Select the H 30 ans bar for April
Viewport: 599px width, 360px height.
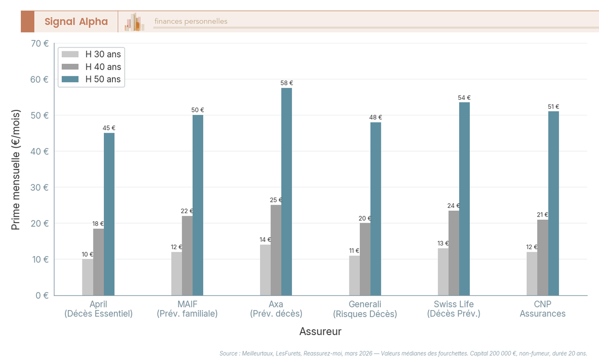pyautogui.click(x=87, y=277)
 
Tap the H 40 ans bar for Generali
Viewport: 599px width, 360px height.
pyautogui.click(x=365, y=259)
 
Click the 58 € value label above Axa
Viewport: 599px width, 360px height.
pyautogui.click(x=287, y=83)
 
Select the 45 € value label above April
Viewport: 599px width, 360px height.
pyautogui.click(x=109, y=128)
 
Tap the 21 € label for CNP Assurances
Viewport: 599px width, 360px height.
pyautogui.click(x=542, y=215)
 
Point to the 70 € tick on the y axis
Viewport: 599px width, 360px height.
pyautogui.click(x=39, y=43)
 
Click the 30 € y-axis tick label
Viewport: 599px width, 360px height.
pyautogui.click(x=39, y=187)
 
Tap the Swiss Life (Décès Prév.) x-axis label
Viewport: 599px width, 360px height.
pyautogui.click(x=453, y=309)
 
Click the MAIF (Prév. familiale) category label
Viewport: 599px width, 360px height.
pyautogui.click(x=187, y=309)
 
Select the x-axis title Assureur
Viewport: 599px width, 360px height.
pyautogui.click(x=320, y=332)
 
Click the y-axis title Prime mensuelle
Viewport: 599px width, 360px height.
pyautogui.click(x=15, y=169)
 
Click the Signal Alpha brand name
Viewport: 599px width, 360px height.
pyautogui.click(x=76, y=21)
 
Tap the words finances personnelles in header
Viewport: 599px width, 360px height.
pyautogui.click(x=191, y=21)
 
